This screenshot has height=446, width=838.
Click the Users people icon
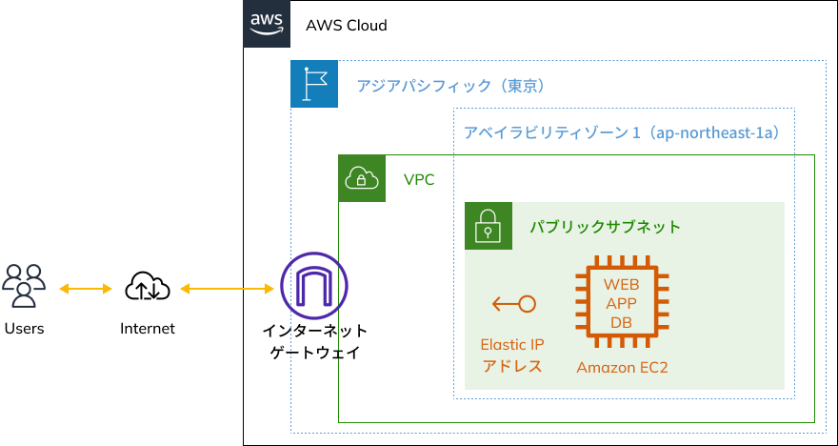(25, 286)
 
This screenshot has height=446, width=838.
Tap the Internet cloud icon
(148, 286)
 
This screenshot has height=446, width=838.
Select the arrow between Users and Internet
(86, 287)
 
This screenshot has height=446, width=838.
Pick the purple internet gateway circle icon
(314, 287)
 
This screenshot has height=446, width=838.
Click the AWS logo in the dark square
(268, 24)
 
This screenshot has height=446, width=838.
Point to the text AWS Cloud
(346, 26)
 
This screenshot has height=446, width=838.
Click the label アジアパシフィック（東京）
(449, 86)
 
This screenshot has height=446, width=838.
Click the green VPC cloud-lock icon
(362, 178)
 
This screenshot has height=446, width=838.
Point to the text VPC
(419, 179)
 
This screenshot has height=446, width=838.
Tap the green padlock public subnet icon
(489, 226)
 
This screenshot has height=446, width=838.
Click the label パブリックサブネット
(606, 227)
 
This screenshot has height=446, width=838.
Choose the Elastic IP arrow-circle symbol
(513, 305)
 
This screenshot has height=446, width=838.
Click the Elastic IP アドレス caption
(512, 355)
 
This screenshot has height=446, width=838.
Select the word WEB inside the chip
(622, 284)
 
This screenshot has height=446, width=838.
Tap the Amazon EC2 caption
(622, 367)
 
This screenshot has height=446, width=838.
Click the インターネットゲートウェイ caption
(315, 341)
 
